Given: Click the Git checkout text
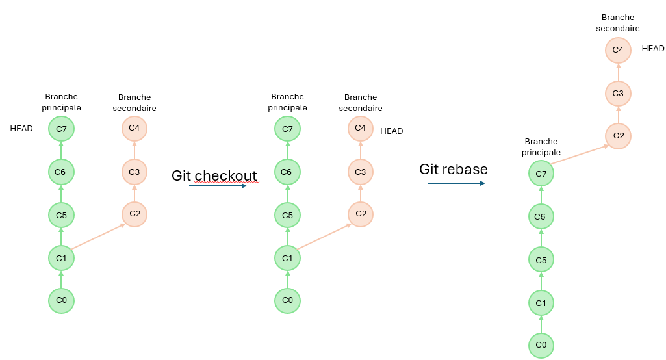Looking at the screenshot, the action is pos(214,175).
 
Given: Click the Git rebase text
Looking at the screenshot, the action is pos(453,169).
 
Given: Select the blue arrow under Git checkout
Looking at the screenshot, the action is pos(218,186).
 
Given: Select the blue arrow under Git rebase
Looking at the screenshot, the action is pos(456,183).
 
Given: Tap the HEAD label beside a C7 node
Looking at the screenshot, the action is pos(21,129).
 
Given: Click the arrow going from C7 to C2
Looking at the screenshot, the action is pos(580,155).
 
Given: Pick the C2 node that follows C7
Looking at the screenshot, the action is pos(618,136).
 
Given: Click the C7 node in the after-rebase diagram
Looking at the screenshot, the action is pos(541,174).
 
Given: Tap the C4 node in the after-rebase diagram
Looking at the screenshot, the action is pos(618,50).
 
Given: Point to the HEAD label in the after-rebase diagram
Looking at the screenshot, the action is pos(653,49).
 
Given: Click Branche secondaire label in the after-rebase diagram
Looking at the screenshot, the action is pos(617,23).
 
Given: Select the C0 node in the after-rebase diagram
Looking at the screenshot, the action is pos(541,345).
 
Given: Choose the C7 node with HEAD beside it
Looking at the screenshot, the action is pos(61,129).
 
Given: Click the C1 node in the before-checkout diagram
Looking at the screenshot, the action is pos(61,258).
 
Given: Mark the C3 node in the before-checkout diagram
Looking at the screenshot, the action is pos(134,172).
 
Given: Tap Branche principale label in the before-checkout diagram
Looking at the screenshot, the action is pos(61,102).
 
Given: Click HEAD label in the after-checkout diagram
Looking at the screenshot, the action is pos(392,131).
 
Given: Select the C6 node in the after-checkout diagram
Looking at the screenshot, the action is pos(288,172).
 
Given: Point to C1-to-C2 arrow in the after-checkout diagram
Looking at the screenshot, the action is pos(324,237).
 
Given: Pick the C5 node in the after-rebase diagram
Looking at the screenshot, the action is pos(541,260).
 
